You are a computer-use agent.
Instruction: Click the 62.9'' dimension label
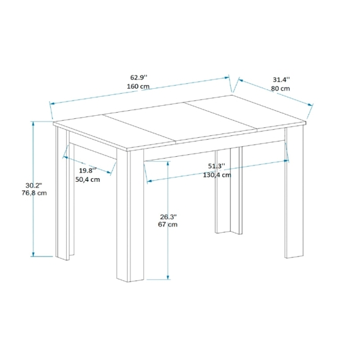tap(138, 77)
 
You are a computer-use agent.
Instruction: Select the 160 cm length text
tap(138, 86)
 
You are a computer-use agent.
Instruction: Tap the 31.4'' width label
tap(281, 80)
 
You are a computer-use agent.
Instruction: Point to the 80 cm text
tap(280, 89)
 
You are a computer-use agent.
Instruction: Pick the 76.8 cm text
tap(34, 193)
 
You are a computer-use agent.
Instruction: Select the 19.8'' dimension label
tap(88, 170)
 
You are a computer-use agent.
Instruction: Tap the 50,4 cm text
tap(88, 179)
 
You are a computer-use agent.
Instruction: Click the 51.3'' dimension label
tap(217, 166)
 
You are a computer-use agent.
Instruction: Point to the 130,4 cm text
tap(217, 175)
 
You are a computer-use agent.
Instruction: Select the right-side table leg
tap(294, 196)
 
